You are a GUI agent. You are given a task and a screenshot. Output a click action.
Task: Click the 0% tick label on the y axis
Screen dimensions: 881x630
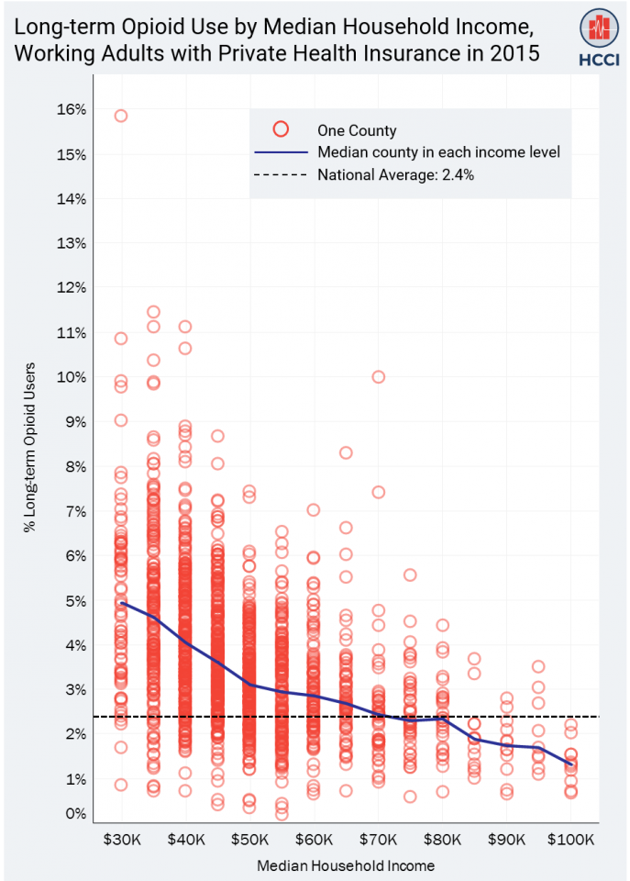[x=76, y=813]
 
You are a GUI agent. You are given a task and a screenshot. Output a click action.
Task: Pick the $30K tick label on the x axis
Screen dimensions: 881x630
[x=121, y=840]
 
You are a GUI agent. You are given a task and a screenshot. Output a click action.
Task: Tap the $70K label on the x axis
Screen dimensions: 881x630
[x=378, y=840]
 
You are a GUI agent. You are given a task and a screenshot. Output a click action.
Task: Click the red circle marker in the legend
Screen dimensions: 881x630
[x=282, y=130]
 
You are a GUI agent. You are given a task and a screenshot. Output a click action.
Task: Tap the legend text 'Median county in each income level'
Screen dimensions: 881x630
[x=438, y=152]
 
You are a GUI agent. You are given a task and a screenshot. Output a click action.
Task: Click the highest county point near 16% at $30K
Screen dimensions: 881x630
[x=121, y=116]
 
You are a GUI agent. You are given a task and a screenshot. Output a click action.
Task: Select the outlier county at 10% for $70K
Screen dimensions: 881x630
[x=378, y=377]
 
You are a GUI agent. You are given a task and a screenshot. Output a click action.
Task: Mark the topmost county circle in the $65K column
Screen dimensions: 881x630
[x=346, y=452]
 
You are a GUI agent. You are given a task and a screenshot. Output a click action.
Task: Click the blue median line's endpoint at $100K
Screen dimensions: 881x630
[x=570, y=764]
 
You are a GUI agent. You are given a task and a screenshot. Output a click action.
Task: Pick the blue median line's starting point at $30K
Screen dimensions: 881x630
[x=121, y=603]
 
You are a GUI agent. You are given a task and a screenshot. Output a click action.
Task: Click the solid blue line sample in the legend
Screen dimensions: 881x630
[x=282, y=152]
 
